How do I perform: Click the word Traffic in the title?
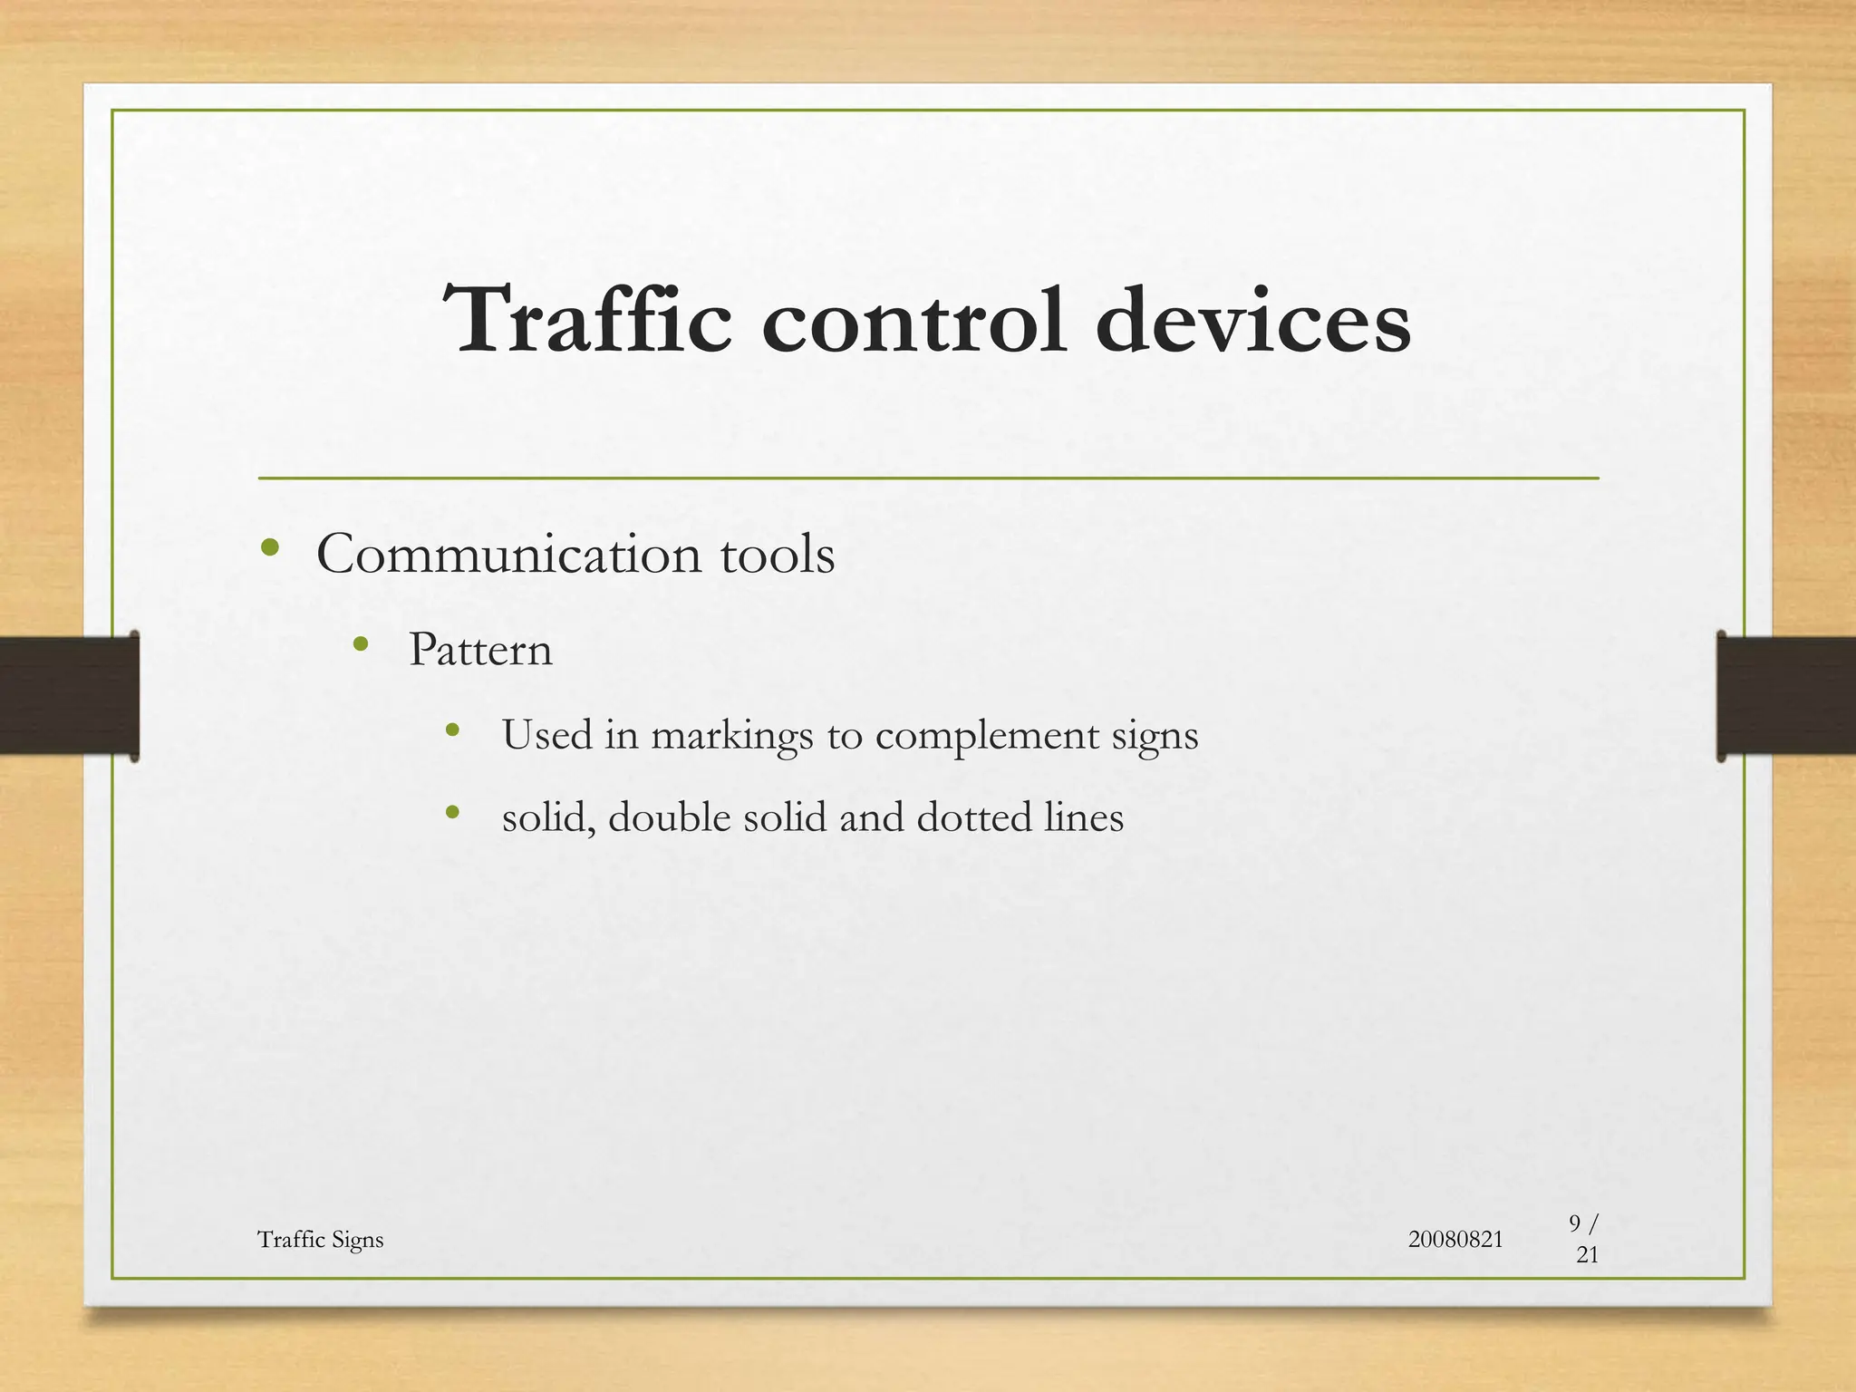tap(587, 321)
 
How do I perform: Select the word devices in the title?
tap(1252, 321)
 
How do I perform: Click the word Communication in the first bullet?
tap(508, 554)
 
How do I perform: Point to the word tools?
tap(778, 554)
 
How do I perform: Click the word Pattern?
tap(480, 650)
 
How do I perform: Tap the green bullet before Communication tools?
tap(269, 547)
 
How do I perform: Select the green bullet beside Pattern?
tap(361, 644)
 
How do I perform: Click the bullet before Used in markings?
tap(453, 730)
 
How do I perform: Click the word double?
tap(669, 817)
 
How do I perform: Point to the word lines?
tap(1084, 817)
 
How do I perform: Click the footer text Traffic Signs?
tap(320, 1240)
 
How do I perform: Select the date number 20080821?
tap(1455, 1239)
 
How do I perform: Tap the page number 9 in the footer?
tap(1575, 1223)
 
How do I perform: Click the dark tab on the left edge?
tap(69, 695)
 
